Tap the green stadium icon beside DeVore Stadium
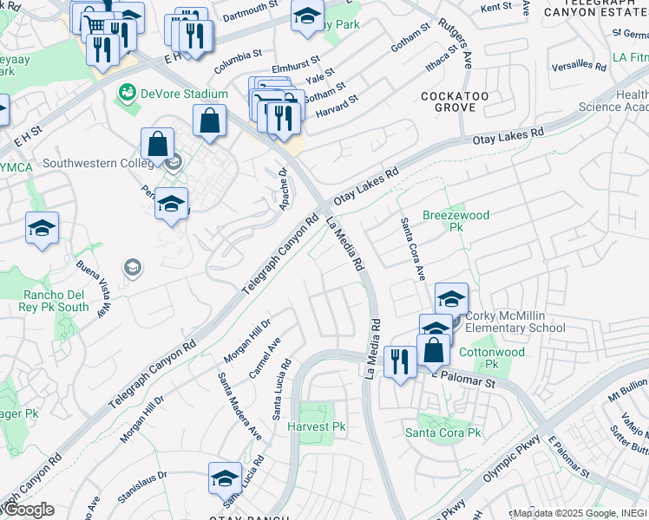(x=128, y=92)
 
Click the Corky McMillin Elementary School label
(x=515, y=322)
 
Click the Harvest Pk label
(x=317, y=426)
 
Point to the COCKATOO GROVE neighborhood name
(x=449, y=101)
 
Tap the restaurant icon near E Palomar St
(x=400, y=361)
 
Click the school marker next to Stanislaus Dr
(x=225, y=478)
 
